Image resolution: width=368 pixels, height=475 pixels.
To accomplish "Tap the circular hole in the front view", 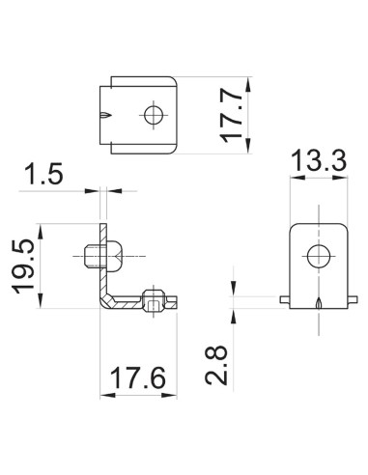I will click(317, 256).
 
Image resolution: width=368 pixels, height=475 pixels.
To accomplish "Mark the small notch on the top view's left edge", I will click(104, 116).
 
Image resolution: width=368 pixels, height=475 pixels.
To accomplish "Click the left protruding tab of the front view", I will click(284, 299).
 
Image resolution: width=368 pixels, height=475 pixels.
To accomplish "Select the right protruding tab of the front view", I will click(352, 299).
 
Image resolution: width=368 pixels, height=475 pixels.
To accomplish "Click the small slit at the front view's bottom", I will click(317, 304).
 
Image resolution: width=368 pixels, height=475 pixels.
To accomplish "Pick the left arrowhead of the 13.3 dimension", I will click(294, 182).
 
